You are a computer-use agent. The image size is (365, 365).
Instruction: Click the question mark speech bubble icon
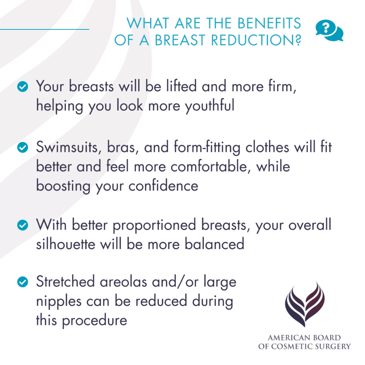329,31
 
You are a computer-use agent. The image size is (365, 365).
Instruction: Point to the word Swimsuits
68,148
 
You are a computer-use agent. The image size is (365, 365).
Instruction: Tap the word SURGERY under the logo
334,346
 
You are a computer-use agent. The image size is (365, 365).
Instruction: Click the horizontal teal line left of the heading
44,29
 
